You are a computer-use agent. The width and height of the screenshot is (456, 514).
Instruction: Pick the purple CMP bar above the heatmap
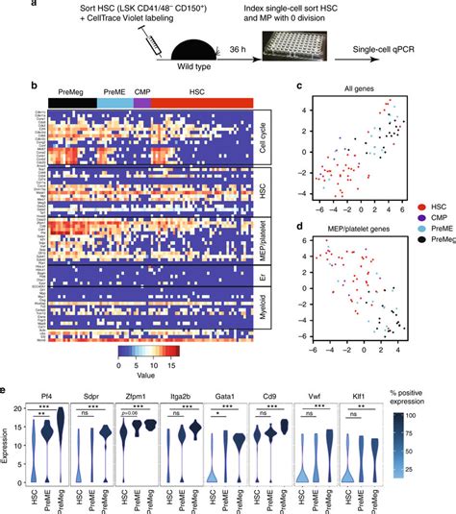pos(142,101)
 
